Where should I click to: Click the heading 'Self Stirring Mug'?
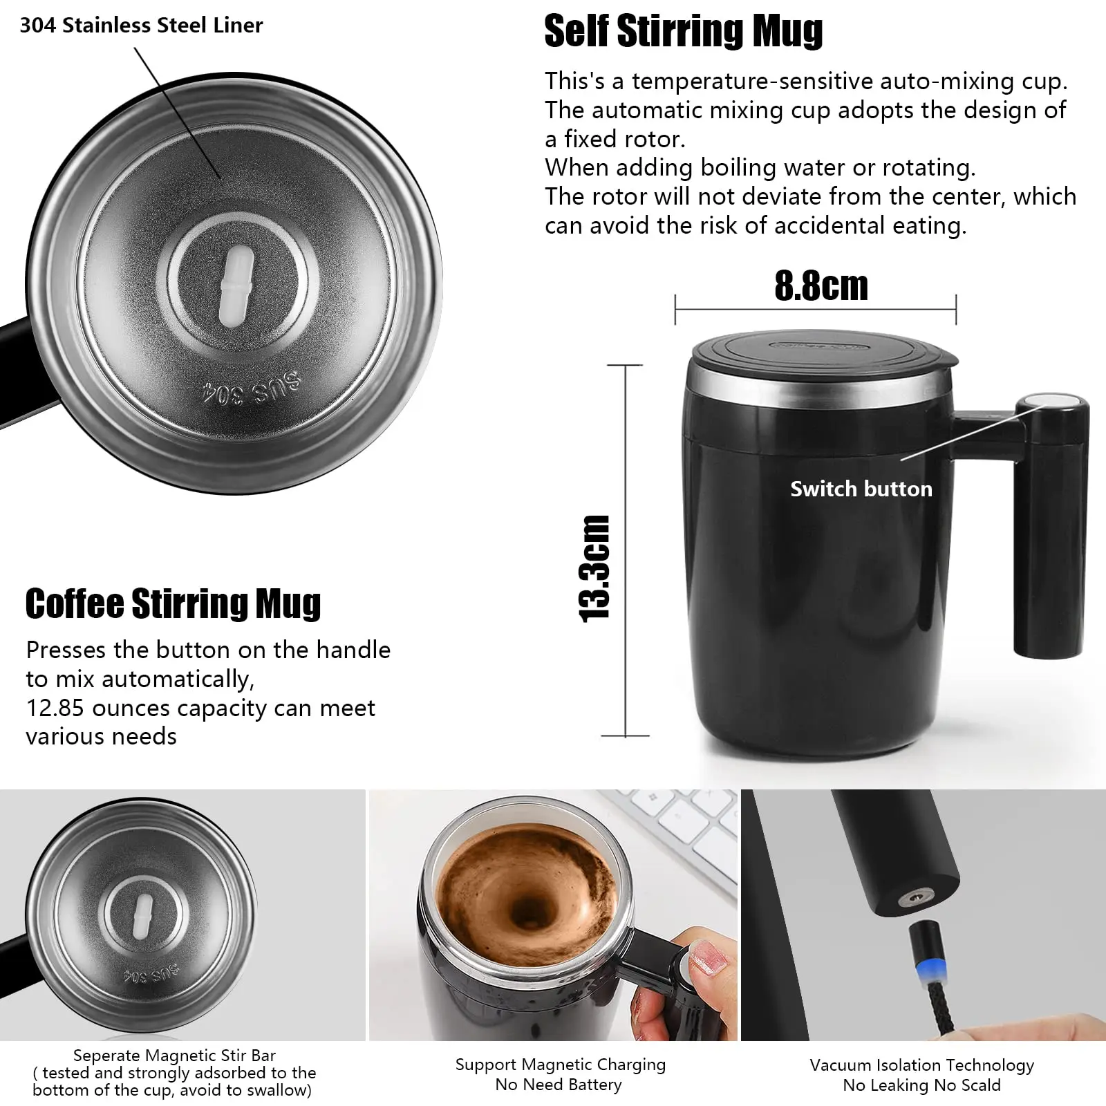(x=683, y=32)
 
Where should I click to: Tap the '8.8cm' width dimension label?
(x=821, y=285)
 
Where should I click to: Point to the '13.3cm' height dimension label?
(x=595, y=568)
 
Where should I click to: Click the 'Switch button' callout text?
(x=861, y=489)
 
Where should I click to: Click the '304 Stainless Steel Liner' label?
(x=141, y=26)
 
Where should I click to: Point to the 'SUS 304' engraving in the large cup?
(x=251, y=392)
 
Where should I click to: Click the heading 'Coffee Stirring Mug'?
(x=173, y=603)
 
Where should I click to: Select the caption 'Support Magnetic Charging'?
(x=560, y=1065)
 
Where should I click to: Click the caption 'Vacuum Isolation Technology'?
(x=921, y=1065)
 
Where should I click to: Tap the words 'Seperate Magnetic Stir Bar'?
(x=174, y=1056)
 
